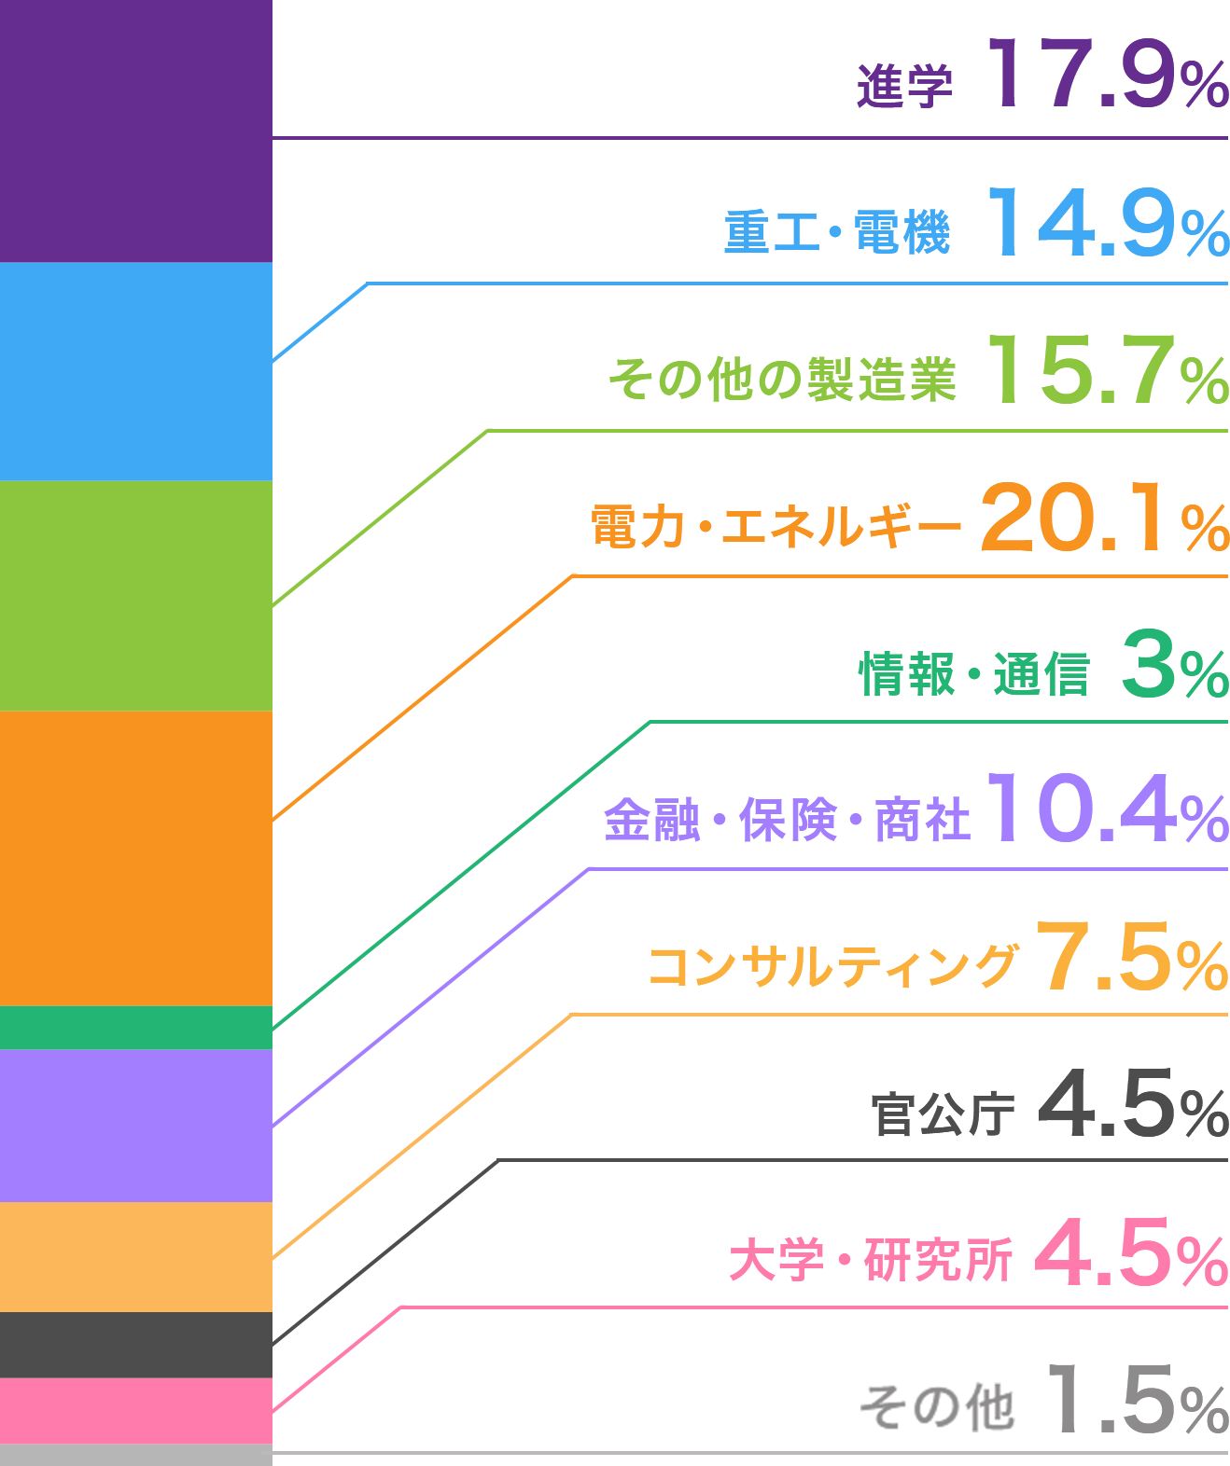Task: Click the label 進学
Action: coord(904,87)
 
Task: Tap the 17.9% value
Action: coord(1108,74)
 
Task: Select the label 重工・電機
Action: coord(837,232)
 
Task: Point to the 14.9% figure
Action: coord(1108,223)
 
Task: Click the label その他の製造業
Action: coord(784,379)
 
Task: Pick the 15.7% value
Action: coord(1108,370)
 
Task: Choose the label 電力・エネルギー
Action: coord(775,526)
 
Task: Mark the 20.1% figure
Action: coord(1104,517)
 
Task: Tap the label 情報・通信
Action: coord(974,673)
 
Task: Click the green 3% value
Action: coord(1174,664)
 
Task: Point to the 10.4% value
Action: coord(1108,809)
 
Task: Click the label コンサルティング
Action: coord(832,966)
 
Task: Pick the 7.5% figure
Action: coord(1133,957)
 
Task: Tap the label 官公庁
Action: coord(943,1113)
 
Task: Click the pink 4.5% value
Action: coord(1131,1252)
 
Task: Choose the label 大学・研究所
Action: coord(871,1260)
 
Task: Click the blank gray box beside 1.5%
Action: coord(937,1407)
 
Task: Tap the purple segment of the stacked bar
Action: coord(135,131)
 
